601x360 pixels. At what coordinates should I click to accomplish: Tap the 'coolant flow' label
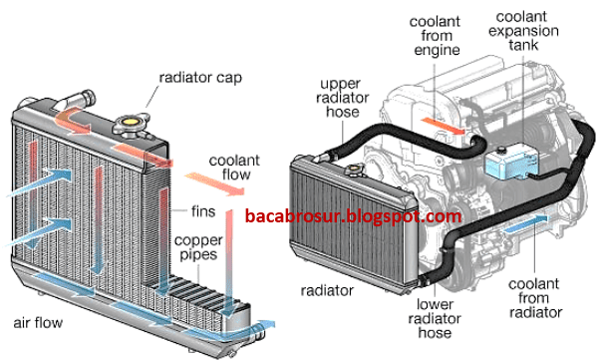coord(235,167)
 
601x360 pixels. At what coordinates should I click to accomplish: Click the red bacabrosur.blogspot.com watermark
coord(353,216)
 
